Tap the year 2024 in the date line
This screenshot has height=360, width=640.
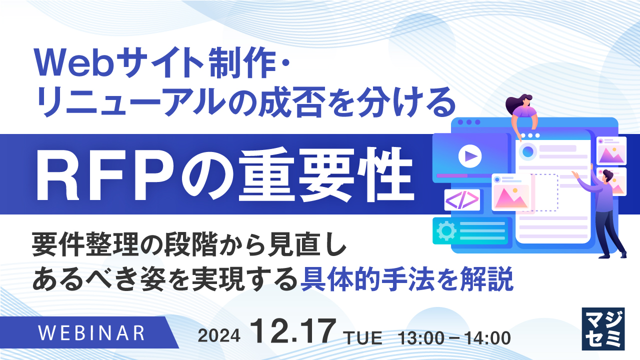(219, 336)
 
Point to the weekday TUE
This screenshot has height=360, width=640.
(363, 337)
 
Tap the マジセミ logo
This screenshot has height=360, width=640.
(603, 328)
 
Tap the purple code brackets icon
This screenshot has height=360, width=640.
(462, 200)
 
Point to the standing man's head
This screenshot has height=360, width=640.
(606, 176)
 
